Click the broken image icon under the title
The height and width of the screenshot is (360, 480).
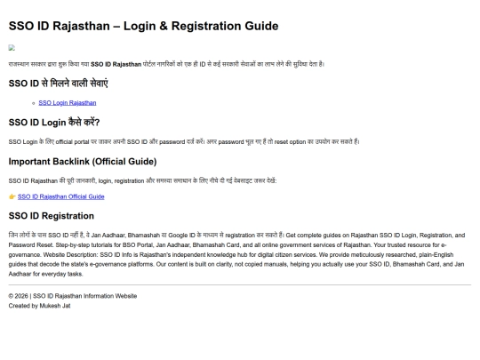click(x=12, y=48)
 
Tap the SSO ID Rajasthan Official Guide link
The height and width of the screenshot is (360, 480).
click(x=60, y=196)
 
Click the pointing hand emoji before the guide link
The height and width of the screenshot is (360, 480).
click(x=12, y=196)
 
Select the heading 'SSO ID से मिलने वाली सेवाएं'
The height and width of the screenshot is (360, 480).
click(x=58, y=83)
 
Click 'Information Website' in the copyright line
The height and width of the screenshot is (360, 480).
click(x=110, y=296)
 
